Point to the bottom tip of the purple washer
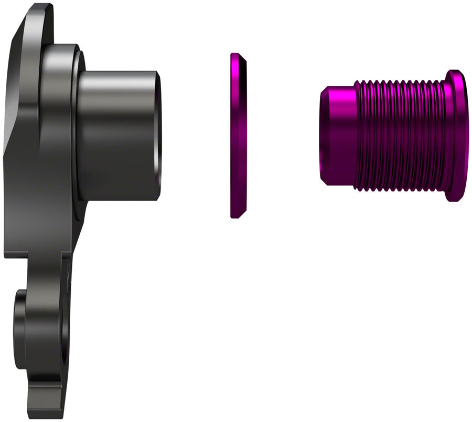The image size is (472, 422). pos(234,215)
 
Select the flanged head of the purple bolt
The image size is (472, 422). pos(455,135)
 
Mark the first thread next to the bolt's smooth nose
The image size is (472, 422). pos(358,135)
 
